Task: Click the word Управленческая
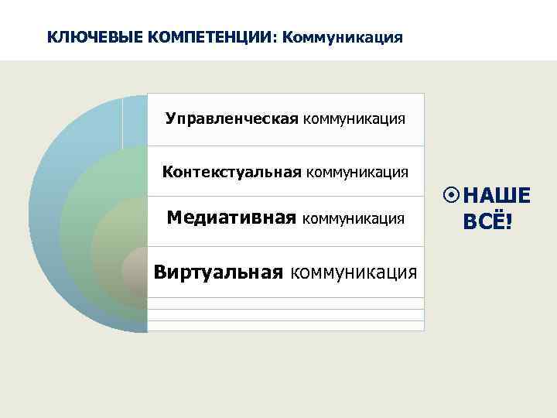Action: pos(232,119)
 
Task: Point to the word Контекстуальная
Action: pos(231,171)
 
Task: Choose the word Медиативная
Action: pos(231,219)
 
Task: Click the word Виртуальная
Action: pos(219,272)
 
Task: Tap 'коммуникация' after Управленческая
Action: pos(354,119)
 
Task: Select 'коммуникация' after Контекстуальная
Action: pos(357,171)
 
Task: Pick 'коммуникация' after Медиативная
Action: pos(353,220)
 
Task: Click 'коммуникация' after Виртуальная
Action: pos(355,272)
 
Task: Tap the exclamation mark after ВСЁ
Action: pos(508,223)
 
